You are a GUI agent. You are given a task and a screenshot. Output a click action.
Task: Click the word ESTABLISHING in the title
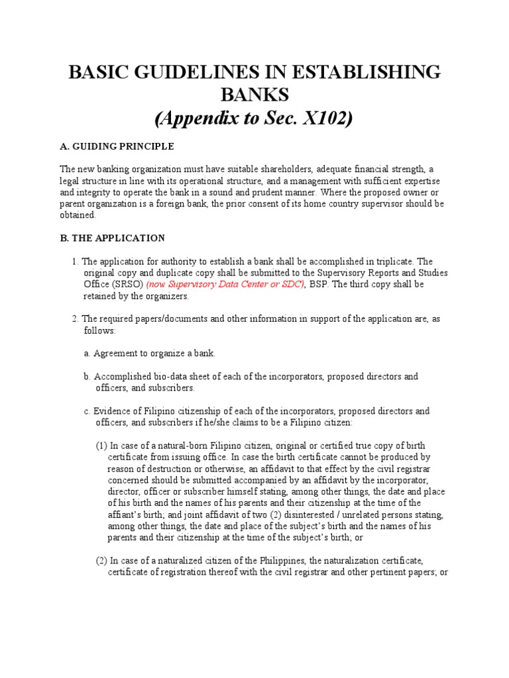point(361,72)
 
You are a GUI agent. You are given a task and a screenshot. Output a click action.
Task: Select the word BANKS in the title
point(254,95)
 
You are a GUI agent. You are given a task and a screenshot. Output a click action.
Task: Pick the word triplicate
point(386,262)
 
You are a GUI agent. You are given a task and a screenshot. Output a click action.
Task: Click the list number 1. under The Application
point(76,262)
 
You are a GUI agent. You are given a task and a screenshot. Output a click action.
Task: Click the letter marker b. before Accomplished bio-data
point(87,376)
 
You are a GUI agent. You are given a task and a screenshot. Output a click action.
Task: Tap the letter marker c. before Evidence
point(87,411)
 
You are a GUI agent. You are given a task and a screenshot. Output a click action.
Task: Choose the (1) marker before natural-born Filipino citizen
point(101,445)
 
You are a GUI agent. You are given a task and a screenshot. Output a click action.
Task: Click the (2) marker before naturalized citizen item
point(101,560)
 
